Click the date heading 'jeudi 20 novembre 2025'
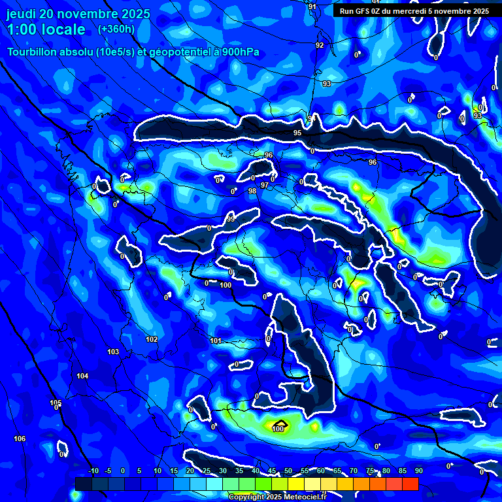tap(78, 14)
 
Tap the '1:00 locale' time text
tap(46, 29)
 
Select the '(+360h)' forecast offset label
tap(116, 29)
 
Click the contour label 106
tap(20, 439)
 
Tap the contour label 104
tap(82, 376)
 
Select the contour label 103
tap(113, 352)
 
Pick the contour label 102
tap(152, 339)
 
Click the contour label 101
tap(216, 341)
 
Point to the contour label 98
tap(252, 191)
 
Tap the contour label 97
tap(265, 186)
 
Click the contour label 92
tap(320, 45)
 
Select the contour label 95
tap(297, 133)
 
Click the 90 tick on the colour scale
tap(418, 471)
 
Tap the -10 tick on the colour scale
tap(93, 471)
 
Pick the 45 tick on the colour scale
tap(272, 471)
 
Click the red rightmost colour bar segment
tap(410, 484)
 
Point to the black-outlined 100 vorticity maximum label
tap(278, 429)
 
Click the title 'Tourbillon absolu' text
tap(49, 52)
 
